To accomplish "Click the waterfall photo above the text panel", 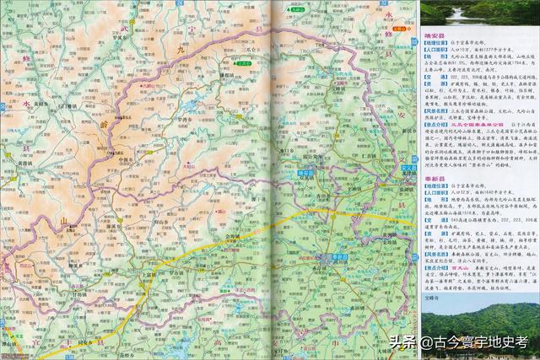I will coord(478,13).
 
